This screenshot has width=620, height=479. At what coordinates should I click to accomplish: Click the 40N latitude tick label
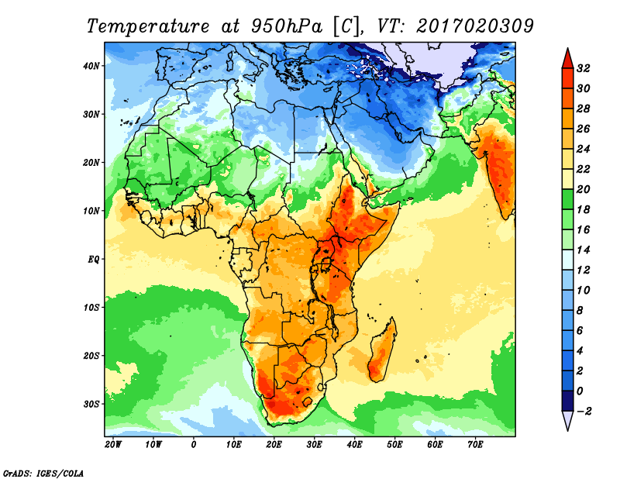tap(91, 65)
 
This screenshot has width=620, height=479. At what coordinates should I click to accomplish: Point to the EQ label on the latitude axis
tap(92, 259)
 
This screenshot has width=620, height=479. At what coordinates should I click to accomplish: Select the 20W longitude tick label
tap(112, 445)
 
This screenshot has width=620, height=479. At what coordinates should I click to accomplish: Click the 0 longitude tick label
tap(193, 445)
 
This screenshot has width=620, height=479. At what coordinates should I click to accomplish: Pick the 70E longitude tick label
tap(475, 445)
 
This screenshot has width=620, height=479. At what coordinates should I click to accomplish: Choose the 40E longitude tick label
tap(354, 445)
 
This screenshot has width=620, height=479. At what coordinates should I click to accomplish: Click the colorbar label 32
tap(584, 68)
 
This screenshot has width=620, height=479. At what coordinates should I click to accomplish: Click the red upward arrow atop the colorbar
tap(567, 57)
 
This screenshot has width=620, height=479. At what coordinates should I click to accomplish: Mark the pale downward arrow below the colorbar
tap(567, 421)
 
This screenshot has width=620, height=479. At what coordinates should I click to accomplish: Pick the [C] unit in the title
tap(347, 26)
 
